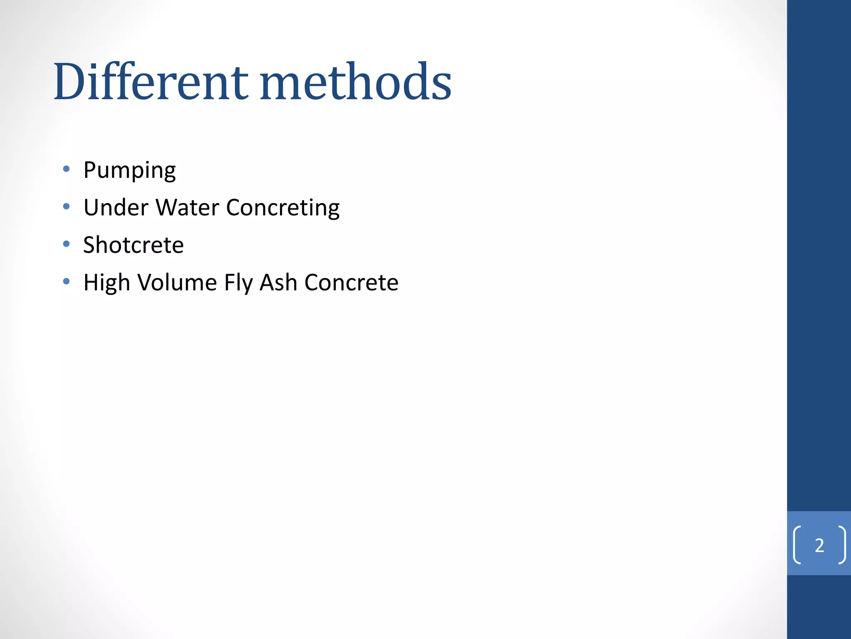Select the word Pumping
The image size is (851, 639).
click(129, 170)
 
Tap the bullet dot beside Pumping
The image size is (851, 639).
click(66, 169)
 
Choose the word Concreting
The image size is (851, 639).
click(283, 208)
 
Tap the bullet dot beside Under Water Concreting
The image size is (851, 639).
click(66, 206)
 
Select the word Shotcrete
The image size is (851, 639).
click(133, 245)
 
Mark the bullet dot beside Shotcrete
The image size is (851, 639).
click(66, 244)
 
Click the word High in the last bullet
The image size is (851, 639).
click(107, 283)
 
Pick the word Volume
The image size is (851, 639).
click(177, 282)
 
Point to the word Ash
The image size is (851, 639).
click(278, 282)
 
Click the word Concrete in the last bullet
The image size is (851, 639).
click(351, 282)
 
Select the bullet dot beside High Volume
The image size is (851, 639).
click(66, 282)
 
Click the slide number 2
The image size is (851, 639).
click(819, 545)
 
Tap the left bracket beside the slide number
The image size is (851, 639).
click(797, 545)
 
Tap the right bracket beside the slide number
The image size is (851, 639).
click(842, 545)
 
